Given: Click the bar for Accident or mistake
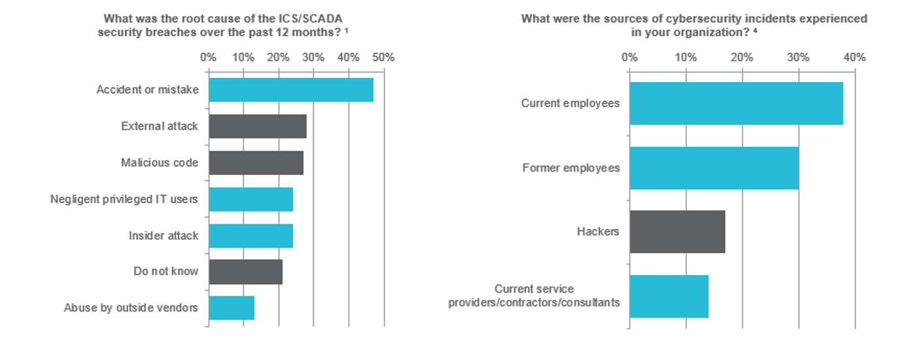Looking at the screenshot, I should point(291,90).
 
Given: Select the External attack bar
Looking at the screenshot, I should point(258,126).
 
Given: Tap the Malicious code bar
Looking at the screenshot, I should point(256,163).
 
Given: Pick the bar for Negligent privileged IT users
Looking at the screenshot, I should point(251,199).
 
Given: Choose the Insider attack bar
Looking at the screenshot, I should point(251,235).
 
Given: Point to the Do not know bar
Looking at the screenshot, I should point(246,272).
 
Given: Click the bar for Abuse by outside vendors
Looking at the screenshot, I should point(231,308).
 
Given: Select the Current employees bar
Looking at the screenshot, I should point(736,103).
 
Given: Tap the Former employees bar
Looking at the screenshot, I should point(714,168).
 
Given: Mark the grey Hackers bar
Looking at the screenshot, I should point(677,232).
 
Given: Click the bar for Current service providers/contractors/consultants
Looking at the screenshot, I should point(669,297).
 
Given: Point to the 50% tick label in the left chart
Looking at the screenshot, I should point(383,57).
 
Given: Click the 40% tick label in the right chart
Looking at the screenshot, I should point(854,57).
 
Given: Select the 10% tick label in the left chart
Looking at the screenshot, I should point(243,57).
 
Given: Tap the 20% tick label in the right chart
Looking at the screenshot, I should point(742,57).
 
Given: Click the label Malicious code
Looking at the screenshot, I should point(159,163).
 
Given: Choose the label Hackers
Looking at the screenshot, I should point(598,232).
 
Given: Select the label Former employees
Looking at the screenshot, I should point(571,168).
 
